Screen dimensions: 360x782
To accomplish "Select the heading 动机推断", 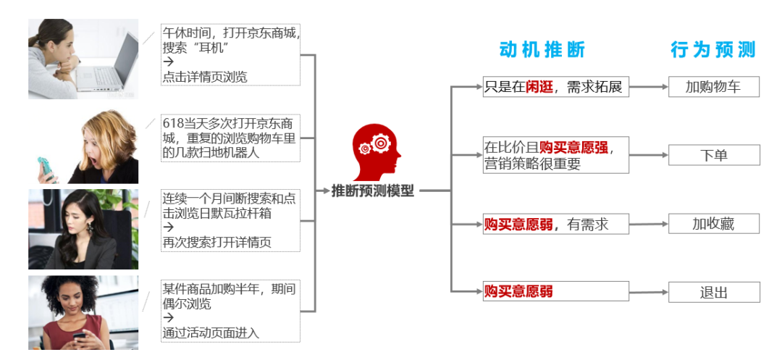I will click(542, 49).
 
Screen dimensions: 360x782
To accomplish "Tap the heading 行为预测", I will click(712, 49).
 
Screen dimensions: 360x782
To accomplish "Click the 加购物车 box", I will click(713, 87).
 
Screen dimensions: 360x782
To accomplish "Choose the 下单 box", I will click(713, 155).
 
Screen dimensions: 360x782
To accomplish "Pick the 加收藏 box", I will click(713, 224).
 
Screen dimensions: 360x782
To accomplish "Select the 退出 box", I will click(713, 293).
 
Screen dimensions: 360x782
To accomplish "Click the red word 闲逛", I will click(539, 88).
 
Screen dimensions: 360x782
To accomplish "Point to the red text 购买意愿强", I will click(573, 147).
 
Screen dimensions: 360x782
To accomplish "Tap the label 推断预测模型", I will click(372, 191).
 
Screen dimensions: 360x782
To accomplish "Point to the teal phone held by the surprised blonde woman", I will click(48, 168).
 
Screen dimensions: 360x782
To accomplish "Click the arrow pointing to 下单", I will click(649, 155).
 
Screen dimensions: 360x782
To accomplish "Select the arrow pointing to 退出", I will click(649, 292).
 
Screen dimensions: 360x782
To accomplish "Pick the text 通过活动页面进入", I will click(211, 333).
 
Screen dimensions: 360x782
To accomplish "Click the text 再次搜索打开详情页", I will click(216, 242).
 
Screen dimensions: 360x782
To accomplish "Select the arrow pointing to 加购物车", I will click(649, 87).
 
